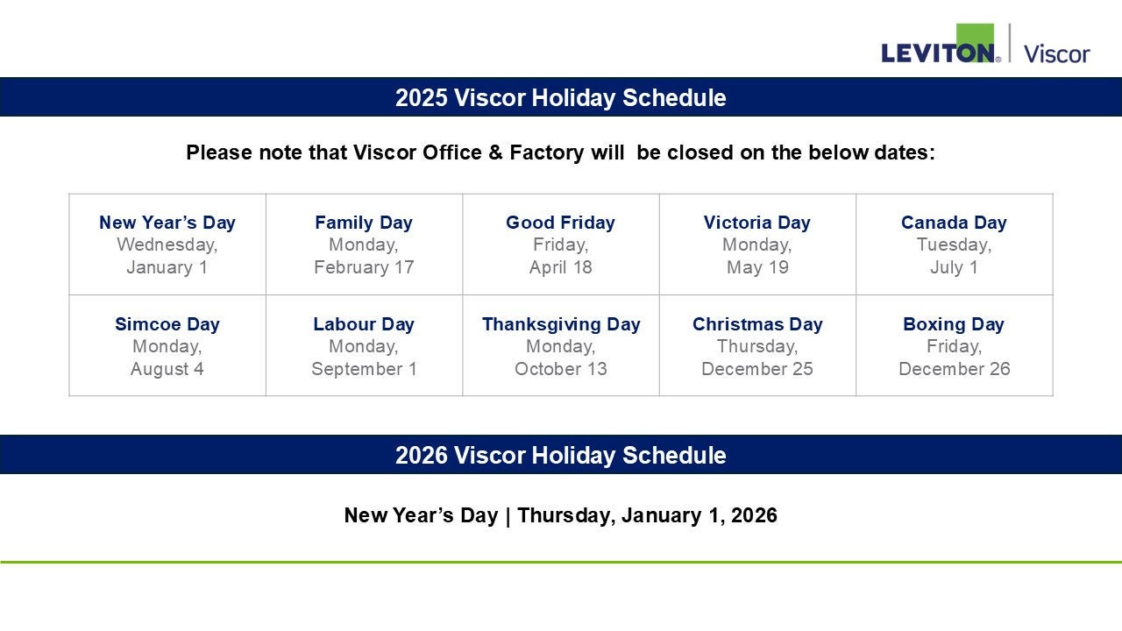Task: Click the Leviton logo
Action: tap(941, 44)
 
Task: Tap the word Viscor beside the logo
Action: tap(1056, 54)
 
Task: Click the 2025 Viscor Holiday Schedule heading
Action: tap(560, 97)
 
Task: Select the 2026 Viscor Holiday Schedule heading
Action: tap(560, 455)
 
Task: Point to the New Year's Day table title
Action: tap(167, 223)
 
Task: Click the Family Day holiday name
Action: tap(364, 223)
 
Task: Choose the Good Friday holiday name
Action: tap(560, 223)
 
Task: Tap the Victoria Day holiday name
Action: tap(756, 223)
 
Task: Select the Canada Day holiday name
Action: tap(954, 223)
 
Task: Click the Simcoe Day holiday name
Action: tap(167, 324)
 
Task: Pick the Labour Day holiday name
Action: tap(364, 324)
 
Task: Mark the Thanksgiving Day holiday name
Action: tap(561, 324)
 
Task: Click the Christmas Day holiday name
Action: tap(757, 324)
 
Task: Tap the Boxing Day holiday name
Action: tap(954, 324)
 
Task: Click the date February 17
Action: tap(364, 267)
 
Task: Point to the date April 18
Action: tap(560, 267)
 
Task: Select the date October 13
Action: tap(560, 369)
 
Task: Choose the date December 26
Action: tap(955, 369)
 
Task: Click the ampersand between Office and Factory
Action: tap(495, 152)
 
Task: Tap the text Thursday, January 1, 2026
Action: tap(647, 515)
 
